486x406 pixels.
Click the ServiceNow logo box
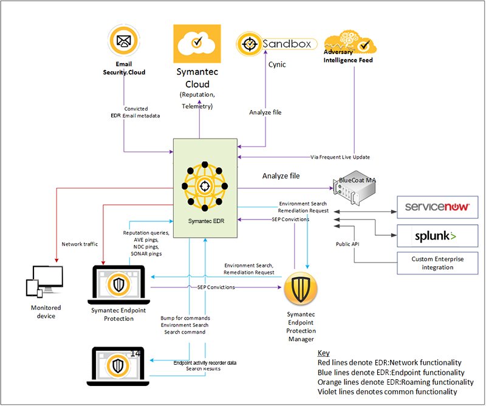coord(433,207)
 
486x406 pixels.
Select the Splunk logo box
coord(433,235)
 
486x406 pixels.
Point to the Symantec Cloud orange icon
coord(196,43)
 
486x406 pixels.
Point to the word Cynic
coord(277,64)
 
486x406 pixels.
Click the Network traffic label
coord(79,244)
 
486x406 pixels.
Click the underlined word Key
coord(324,353)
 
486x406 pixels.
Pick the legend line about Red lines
coord(389,363)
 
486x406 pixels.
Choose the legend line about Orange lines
coord(395,382)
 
